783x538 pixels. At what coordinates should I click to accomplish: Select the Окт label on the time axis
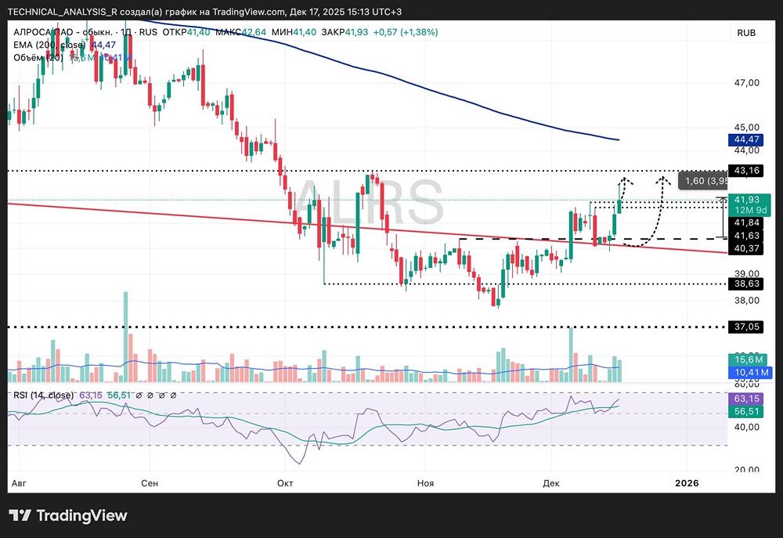pos(285,483)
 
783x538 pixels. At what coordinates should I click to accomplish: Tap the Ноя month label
pos(425,483)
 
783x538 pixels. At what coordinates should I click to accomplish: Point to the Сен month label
pos(150,483)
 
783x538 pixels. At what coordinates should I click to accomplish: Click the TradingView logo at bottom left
pos(68,515)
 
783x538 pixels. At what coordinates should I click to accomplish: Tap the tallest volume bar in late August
pos(124,337)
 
